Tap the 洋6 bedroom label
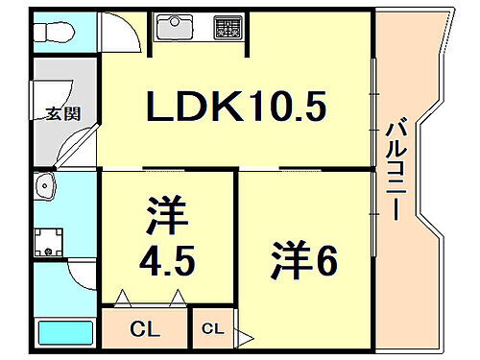point(303,259)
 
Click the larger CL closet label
point(147,329)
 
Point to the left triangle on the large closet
point(122,299)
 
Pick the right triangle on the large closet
point(177,299)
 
